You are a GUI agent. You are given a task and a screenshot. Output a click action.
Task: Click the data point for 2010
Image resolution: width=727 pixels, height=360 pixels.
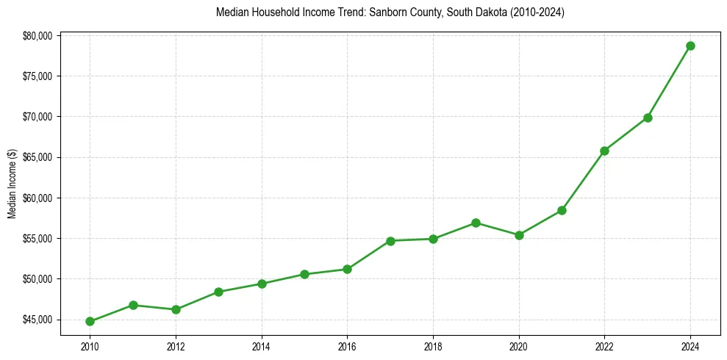click(x=90, y=321)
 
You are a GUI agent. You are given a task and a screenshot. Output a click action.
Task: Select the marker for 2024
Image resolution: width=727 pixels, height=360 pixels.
click(x=690, y=46)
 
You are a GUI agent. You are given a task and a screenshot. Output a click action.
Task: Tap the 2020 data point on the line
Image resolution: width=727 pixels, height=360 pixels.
click(x=519, y=235)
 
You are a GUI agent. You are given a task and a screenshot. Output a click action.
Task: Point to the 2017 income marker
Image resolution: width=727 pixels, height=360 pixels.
click(x=390, y=241)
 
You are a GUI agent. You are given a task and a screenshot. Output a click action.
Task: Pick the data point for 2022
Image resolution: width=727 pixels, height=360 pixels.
click(x=604, y=151)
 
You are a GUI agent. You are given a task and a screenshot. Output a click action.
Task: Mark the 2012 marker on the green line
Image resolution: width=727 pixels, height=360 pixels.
click(x=176, y=309)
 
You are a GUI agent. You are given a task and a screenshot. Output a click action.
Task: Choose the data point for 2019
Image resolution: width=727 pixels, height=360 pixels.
click(x=476, y=223)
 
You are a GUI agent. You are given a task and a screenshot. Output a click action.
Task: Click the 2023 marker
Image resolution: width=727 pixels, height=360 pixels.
click(x=648, y=118)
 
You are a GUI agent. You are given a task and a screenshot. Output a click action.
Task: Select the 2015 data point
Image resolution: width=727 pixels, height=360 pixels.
click(x=304, y=274)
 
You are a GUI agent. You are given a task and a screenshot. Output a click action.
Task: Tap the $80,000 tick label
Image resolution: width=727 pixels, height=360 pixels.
click(x=37, y=35)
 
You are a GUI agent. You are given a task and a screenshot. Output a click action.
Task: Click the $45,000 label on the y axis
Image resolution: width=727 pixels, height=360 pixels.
click(x=37, y=320)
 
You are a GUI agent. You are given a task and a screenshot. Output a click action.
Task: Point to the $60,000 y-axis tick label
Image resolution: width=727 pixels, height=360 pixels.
click(x=37, y=198)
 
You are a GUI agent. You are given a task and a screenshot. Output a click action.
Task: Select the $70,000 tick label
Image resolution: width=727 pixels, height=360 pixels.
click(x=37, y=117)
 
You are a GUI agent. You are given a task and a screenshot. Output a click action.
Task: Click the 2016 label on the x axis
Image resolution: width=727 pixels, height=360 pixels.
click(x=347, y=345)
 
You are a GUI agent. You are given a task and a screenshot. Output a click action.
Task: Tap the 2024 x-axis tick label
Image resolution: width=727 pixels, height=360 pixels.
click(x=690, y=345)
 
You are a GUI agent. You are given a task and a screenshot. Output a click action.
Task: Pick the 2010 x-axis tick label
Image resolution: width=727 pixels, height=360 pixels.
click(x=90, y=345)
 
